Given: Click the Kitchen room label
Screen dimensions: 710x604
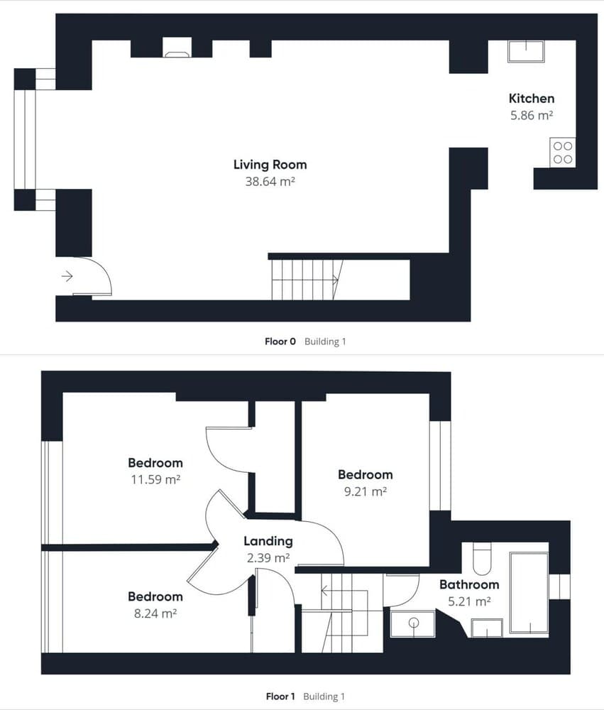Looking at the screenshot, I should pos(531,99).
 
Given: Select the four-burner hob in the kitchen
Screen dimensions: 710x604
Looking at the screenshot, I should pos(562,153).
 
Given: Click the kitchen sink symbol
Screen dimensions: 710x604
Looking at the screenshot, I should pos(525,52).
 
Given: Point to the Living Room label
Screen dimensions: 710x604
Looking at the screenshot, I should pos(270,165).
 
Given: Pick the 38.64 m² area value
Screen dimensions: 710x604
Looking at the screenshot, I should pos(270,182).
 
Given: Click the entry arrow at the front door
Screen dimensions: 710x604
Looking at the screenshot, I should pos(67,276).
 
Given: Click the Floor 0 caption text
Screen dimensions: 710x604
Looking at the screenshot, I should pos(280,342).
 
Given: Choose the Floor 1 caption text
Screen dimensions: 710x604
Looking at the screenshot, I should pos(280,697).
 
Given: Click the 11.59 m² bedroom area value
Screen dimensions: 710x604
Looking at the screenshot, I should pos(155,480).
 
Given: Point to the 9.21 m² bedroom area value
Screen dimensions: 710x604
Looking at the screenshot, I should pos(365,491).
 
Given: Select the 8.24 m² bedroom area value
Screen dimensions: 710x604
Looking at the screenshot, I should pos(155,613).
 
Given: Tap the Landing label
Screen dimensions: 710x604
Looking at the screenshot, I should pos(268,541).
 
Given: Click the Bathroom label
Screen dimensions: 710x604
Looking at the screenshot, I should pos(468,585).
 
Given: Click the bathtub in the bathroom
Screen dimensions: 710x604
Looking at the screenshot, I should pos(529,592).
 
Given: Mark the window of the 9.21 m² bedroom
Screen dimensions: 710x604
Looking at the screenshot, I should pos(440,466).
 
